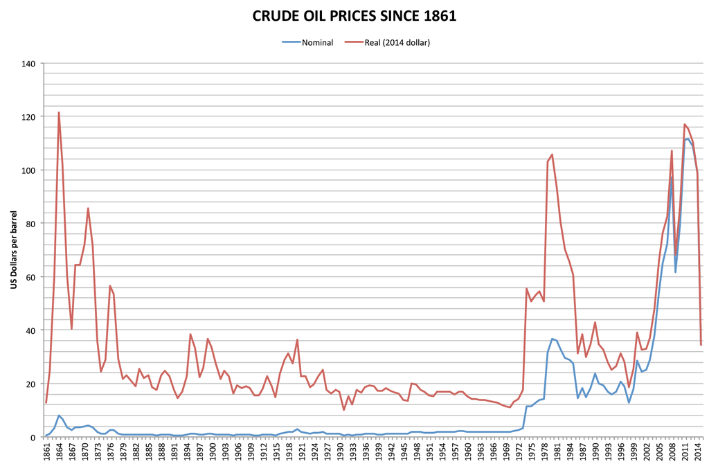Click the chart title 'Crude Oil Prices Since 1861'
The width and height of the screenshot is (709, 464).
[x=354, y=16]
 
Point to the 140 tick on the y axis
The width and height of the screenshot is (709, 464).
[x=28, y=64]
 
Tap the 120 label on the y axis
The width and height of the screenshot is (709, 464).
[x=28, y=117]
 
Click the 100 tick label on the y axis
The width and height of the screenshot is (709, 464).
[x=28, y=170]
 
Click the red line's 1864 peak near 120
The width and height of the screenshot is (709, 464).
[x=59, y=112]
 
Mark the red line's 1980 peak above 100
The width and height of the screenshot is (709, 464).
[x=552, y=154]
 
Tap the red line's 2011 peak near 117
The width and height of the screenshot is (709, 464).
[x=685, y=125]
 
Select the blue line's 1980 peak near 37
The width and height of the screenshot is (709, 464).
[x=552, y=339]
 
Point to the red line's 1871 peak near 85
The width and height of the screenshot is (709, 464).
[x=88, y=208]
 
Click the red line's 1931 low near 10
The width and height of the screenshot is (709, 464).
[x=343, y=410]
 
